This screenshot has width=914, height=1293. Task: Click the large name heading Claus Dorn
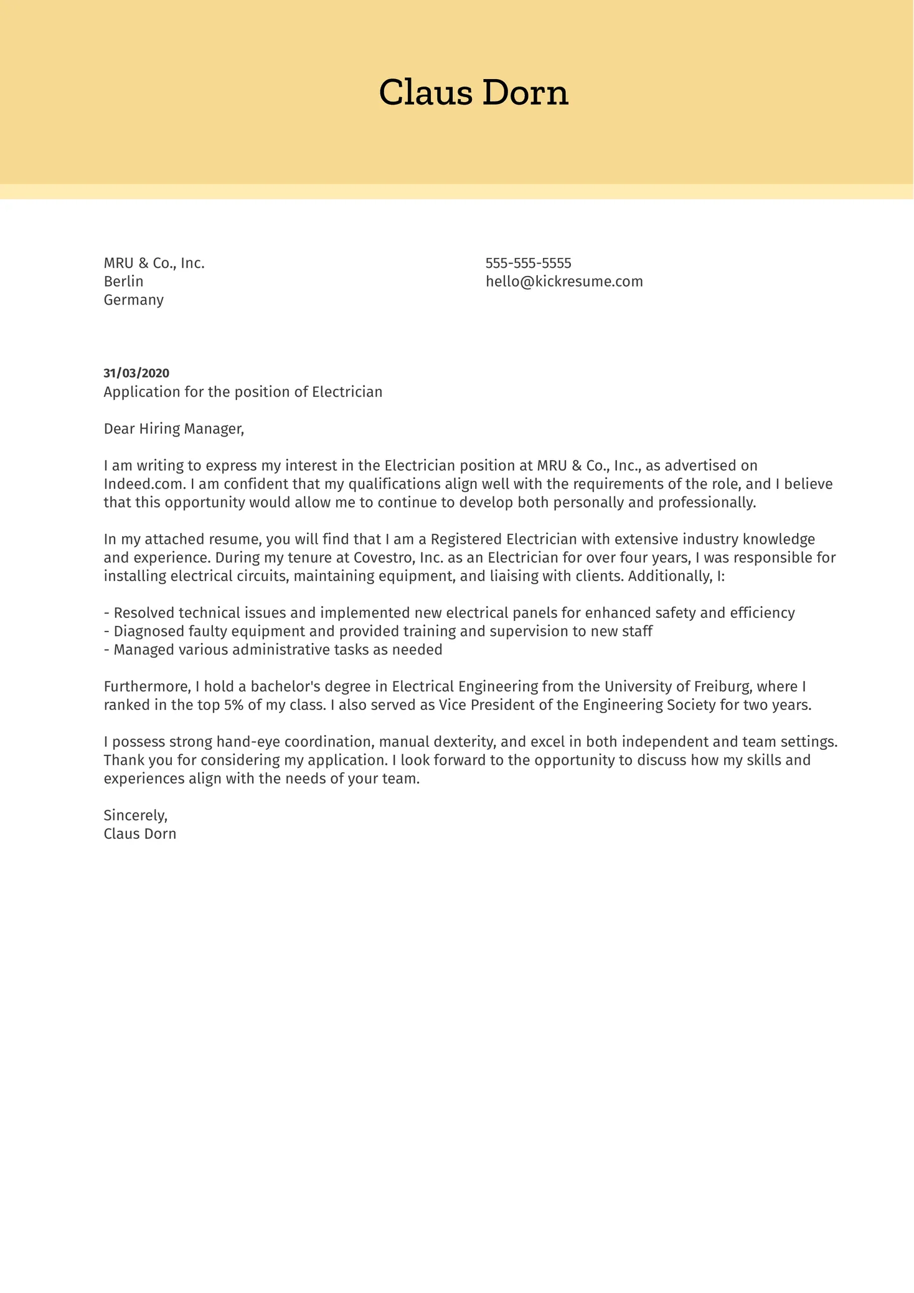click(x=473, y=93)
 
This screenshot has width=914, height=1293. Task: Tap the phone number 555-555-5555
click(x=528, y=263)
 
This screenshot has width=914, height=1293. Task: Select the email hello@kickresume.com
click(x=564, y=282)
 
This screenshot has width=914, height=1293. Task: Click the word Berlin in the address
click(x=123, y=282)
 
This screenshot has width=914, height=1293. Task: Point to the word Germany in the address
click(x=133, y=300)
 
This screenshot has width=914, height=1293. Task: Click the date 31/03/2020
click(x=136, y=373)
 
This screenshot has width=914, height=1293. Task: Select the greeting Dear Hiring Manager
click(x=174, y=429)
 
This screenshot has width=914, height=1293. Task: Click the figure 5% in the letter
click(x=233, y=705)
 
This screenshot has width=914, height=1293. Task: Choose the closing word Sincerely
click(x=135, y=815)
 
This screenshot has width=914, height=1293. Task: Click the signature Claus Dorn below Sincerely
click(x=139, y=834)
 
